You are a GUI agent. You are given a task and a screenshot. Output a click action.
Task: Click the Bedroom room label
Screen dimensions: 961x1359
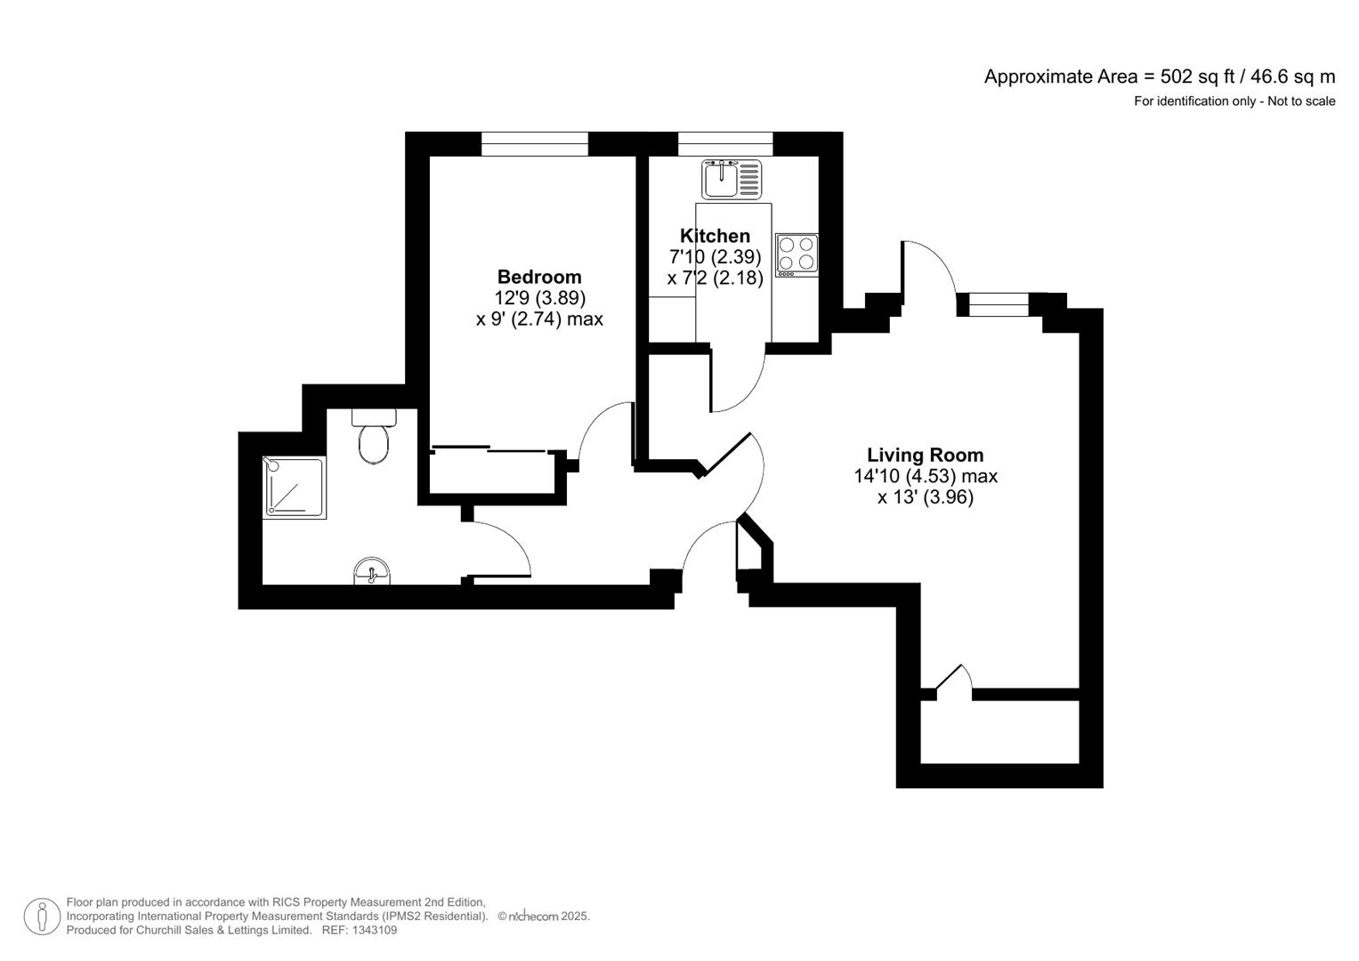pyautogui.click(x=538, y=277)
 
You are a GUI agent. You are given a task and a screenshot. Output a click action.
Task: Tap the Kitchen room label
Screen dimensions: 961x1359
pyautogui.click(x=715, y=236)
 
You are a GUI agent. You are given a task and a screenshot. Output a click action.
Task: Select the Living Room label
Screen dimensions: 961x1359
pyautogui.click(x=925, y=455)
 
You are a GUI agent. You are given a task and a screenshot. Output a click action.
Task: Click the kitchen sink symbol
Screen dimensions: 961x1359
pyautogui.click(x=732, y=179)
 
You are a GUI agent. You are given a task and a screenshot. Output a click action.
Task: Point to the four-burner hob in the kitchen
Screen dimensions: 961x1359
pyautogui.click(x=797, y=253)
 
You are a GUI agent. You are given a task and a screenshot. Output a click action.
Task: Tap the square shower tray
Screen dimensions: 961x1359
pyautogui.click(x=295, y=487)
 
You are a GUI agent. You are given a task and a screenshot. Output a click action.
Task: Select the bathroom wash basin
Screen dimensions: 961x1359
pyautogui.click(x=371, y=572)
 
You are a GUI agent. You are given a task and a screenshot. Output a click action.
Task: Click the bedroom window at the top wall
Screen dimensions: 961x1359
pyautogui.click(x=534, y=143)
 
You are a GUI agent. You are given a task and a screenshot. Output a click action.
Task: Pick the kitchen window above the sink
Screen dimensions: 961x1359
pyautogui.click(x=724, y=143)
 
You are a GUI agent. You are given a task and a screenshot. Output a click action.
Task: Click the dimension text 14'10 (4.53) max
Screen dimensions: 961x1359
pyautogui.click(x=926, y=476)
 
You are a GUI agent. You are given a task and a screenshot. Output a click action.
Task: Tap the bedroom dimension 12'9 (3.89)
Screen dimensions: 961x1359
pyautogui.click(x=539, y=298)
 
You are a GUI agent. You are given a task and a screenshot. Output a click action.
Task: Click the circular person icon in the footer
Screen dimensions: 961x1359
pyautogui.click(x=41, y=917)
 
